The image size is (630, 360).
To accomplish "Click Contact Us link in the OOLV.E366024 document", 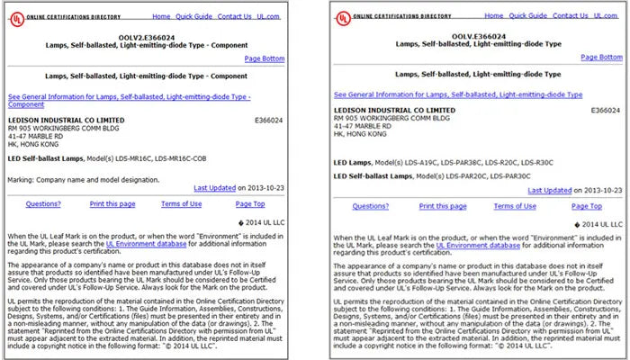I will pos(571,16).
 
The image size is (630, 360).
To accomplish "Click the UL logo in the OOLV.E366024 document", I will pos(343,17).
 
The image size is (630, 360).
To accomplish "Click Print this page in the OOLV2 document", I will pos(112,204).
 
